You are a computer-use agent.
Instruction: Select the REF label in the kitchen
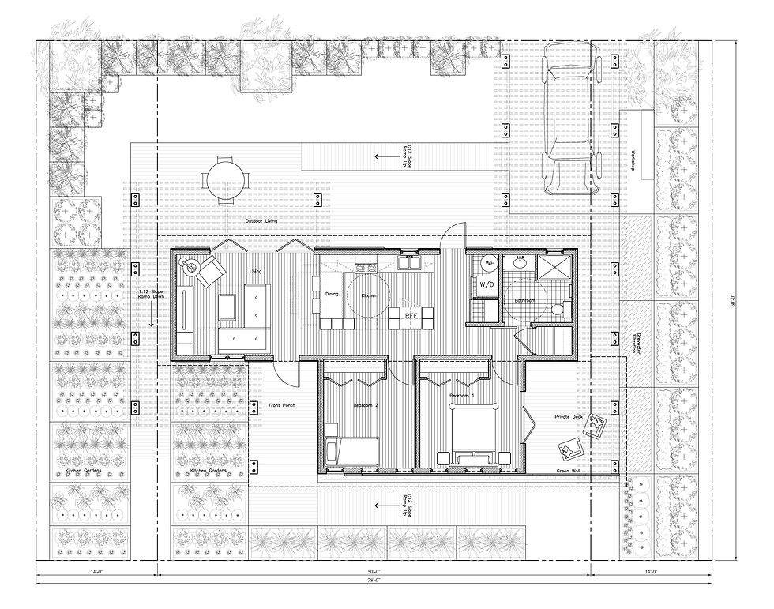[411, 316]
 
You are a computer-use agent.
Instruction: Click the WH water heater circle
[489, 263]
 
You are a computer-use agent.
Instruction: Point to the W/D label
[487, 284]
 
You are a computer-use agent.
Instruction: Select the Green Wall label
[569, 472]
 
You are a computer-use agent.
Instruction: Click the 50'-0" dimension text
[374, 571]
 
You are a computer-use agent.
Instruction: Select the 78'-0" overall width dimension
[374, 581]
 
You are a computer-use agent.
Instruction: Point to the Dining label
[332, 295]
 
